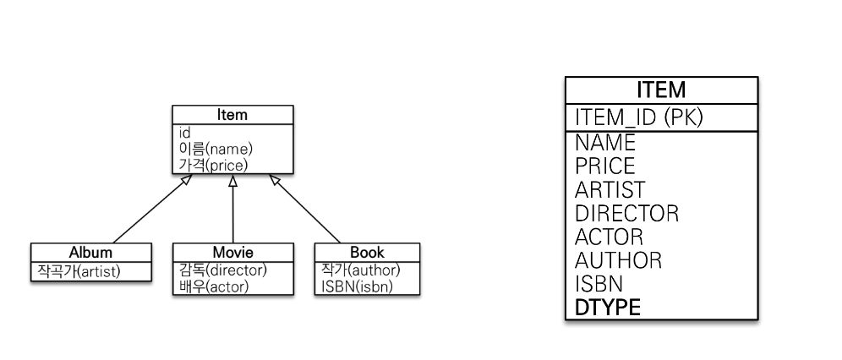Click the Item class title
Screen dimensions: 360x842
(232, 115)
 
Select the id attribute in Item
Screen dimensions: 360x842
(185, 133)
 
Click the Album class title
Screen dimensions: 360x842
(90, 252)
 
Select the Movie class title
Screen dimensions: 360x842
(232, 252)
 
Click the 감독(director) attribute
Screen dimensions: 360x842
(222, 270)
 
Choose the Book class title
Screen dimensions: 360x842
(366, 252)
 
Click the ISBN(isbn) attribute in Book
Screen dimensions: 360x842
(357, 286)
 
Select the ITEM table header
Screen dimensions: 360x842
(661, 90)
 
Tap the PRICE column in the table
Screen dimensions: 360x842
(604, 166)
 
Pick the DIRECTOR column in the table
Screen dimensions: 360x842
(626, 213)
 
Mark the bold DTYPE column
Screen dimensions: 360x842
(607, 308)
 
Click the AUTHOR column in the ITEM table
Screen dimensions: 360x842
(618, 260)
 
